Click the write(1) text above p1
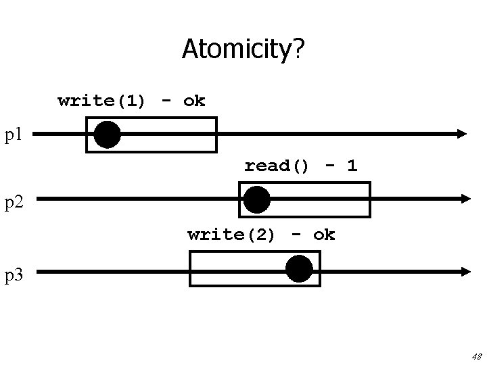click(101, 101)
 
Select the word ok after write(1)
click(194, 101)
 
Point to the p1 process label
click(14, 135)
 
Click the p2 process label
click(16, 201)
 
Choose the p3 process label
click(16, 274)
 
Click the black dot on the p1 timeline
click(107, 135)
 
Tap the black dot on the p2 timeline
click(256, 199)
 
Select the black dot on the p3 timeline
click(299, 269)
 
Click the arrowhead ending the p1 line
click(462, 134)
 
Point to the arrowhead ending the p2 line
click(465, 199)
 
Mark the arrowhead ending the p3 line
click(465, 271)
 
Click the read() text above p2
click(277, 166)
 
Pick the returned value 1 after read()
click(352, 166)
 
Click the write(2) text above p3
click(231, 235)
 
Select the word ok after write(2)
click(324, 235)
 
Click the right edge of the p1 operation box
click(216, 135)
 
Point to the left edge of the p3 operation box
click(190, 269)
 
